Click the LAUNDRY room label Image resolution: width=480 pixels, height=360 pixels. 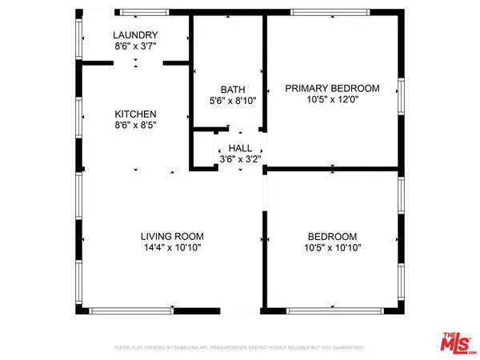[135, 35]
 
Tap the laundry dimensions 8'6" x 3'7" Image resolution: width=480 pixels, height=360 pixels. [135, 47]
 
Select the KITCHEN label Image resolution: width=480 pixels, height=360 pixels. [135, 114]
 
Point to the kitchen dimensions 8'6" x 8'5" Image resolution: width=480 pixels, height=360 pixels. [135, 126]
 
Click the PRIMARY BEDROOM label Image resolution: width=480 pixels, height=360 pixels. [332, 88]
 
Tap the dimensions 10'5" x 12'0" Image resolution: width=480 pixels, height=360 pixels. [332, 100]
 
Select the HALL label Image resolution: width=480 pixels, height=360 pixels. [240, 149]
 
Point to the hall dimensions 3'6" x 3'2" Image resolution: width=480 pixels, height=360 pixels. [240, 160]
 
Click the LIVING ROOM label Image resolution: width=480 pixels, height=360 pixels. [172, 237]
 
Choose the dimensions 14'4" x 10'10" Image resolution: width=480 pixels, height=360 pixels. [172, 249]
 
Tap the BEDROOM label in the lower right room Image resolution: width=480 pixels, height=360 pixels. [332, 237]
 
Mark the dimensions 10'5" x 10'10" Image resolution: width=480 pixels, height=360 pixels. [332, 249]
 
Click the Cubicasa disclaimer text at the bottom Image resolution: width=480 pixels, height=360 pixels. [240, 348]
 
